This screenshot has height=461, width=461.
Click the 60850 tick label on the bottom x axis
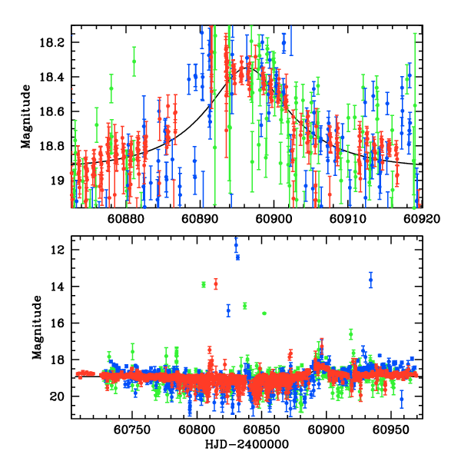(261, 429)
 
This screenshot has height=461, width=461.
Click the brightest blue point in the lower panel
(236, 245)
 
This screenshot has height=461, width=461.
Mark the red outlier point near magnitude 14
(216, 284)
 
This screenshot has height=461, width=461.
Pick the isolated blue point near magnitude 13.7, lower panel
(370, 280)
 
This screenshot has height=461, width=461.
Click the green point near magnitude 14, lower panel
(204, 284)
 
